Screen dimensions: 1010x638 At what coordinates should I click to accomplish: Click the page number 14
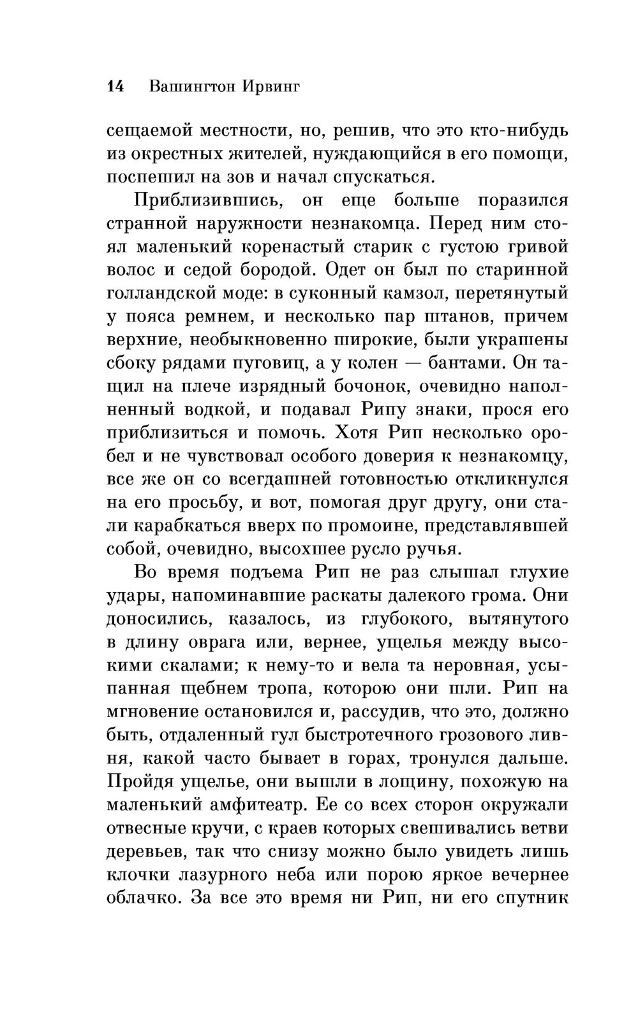click(x=117, y=87)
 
